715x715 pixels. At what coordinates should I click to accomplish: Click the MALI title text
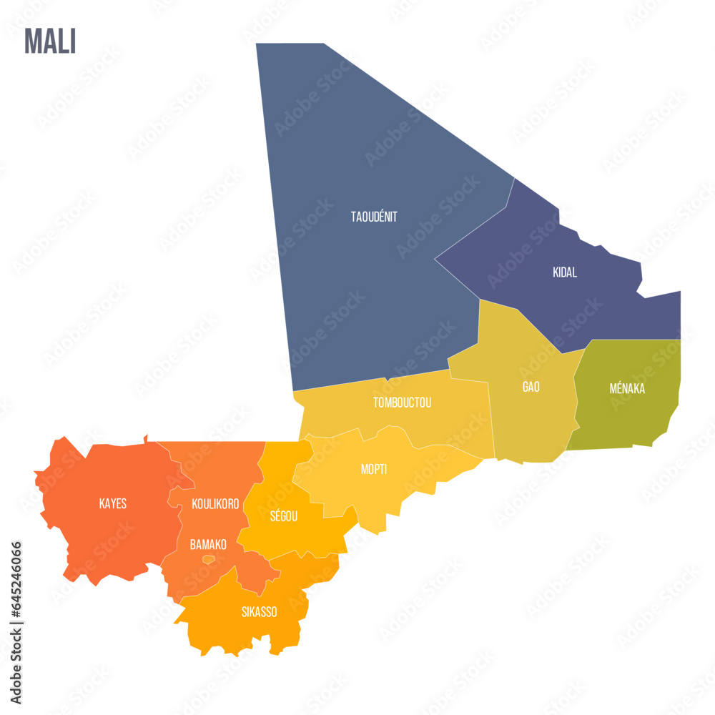[x=50, y=41]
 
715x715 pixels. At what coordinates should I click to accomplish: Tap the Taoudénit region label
[x=374, y=217]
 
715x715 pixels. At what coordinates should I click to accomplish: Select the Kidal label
[x=565, y=272]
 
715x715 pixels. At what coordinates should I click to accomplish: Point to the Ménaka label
[x=627, y=389]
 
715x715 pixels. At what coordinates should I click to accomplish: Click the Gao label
[x=531, y=387]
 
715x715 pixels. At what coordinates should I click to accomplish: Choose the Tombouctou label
[x=402, y=403]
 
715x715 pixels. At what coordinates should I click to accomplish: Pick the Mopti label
[x=374, y=470]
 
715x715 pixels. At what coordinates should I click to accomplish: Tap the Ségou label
[x=284, y=516]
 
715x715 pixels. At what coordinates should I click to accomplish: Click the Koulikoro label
[x=215, y=504]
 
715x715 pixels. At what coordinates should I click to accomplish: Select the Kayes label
[x=113, y=504]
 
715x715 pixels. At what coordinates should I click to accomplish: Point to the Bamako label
[x=208, y=545]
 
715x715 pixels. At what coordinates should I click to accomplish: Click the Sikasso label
[x=259, y=612]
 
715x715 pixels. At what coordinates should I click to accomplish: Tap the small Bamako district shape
[x=208, y=559]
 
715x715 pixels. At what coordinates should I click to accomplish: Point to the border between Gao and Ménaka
[x=576, y=390]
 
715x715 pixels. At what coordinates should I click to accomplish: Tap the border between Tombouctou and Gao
[x=490, y=415]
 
